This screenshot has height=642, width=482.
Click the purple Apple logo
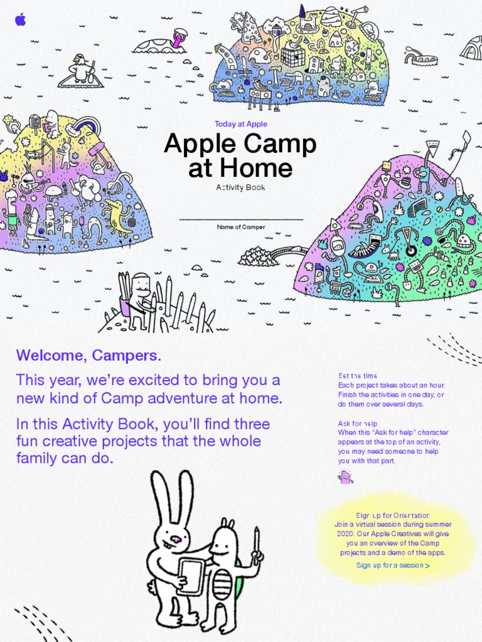(21, 19)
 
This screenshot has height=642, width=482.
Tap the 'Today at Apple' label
(241, 124)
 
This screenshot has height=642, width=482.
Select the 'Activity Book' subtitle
(240, 187)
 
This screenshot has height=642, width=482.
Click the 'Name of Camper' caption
(241, 227)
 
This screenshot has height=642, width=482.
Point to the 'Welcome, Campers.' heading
(88, 355)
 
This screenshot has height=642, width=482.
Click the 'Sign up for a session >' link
(393, 566)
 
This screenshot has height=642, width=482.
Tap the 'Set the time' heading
(357, 376)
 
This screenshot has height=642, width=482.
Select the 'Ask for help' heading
(357, 423)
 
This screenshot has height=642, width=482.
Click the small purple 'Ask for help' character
(345, 476)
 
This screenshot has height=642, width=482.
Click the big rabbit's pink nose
(176, 540)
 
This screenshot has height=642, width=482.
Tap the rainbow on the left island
(85, 124)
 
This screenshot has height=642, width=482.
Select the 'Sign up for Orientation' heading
(392, 515)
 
